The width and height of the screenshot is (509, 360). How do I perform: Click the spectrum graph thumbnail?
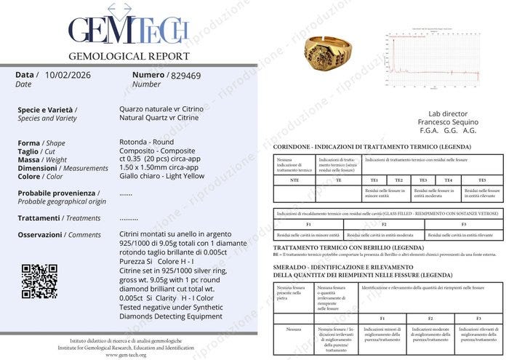431,56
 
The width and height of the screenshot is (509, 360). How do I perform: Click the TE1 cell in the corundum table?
374,180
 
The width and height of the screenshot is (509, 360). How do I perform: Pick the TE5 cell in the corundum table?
481,180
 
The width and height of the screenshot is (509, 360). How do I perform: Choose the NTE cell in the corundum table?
294,180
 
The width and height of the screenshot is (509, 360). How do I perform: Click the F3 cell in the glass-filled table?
464,225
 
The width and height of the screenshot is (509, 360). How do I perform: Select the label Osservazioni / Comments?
59,235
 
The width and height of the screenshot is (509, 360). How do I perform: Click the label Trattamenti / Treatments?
59,218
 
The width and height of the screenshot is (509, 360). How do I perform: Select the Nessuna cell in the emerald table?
294,329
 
